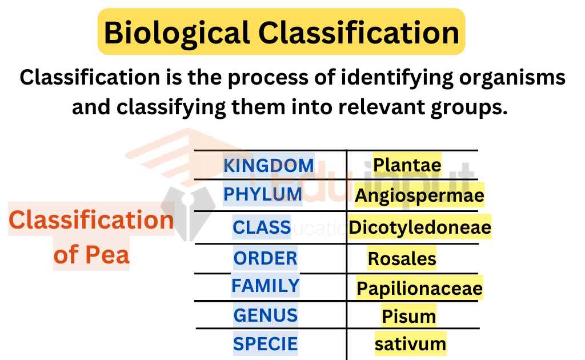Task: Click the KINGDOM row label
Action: tap(269, 166)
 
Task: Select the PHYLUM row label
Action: tap(263, 194)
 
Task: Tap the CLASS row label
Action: tap(262, 227)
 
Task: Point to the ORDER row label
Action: tap(265, 258)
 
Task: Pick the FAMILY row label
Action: tap(265, 286)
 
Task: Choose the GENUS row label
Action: tap(265, 315)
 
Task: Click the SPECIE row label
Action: tap(265, 343)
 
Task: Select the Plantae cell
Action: tap(407, 165)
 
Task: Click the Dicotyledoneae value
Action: tap(420, 227)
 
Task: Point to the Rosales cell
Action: tap(402, 258)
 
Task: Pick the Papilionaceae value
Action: tap(419, 289)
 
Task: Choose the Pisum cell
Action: tap(408, 317)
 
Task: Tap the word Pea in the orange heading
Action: tap(107, 255)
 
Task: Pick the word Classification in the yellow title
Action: tap(359, 33)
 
